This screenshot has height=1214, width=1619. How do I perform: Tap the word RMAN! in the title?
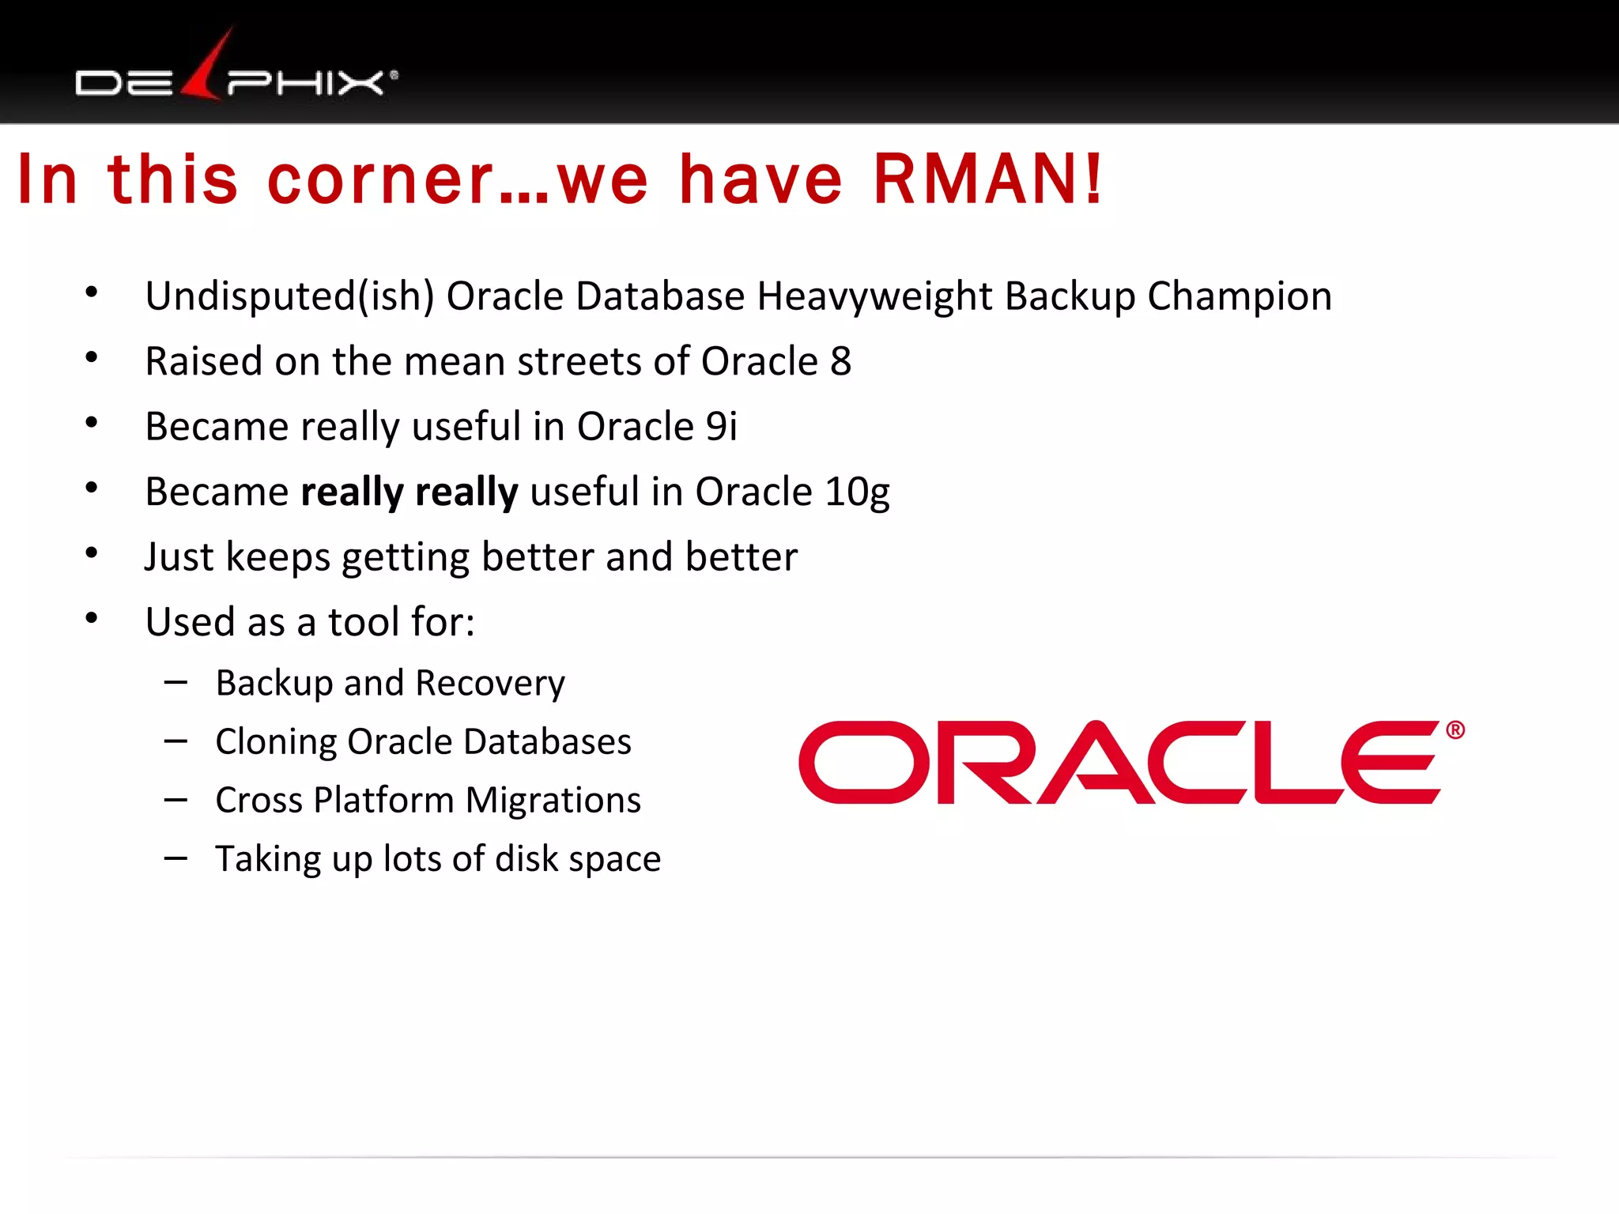click(988, 179)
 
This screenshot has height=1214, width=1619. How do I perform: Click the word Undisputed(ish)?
click(289, 297)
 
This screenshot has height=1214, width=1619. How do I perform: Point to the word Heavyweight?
click(874, 297)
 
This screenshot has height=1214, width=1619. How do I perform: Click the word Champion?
click(1240, 297)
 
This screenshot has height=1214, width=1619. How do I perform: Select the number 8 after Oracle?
click(840, 361)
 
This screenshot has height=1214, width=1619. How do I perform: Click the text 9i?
click(721, 427)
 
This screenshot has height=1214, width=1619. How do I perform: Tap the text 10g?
click(857, 492)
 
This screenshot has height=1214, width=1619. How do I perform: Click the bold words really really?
click(409, 492)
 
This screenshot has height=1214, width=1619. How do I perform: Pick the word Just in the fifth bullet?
click(179, 557)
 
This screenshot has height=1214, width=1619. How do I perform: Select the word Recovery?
click(490, 684)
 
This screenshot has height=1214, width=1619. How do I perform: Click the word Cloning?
click(276, 742)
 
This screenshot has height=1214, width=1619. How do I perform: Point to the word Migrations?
click(553, 800)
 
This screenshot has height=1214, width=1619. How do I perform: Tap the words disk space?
click(577, 859)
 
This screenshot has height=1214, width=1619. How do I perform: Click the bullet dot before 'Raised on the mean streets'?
click(92, 358)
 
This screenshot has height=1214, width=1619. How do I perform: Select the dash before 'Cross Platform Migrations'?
click(175, 800)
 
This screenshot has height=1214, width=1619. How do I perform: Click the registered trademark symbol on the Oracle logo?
click(1455, 730)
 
